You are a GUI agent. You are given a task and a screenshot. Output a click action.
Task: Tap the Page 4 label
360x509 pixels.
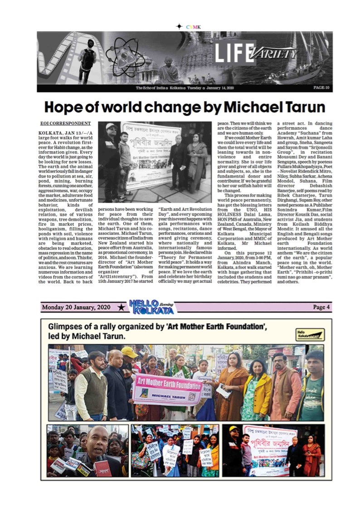click(321, 307)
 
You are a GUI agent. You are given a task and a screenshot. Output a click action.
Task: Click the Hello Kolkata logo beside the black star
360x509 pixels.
click(151, 307)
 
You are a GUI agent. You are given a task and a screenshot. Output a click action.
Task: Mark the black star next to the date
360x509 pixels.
click(121, 308)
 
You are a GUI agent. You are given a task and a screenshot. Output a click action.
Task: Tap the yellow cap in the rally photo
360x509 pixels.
click(129, 352)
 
